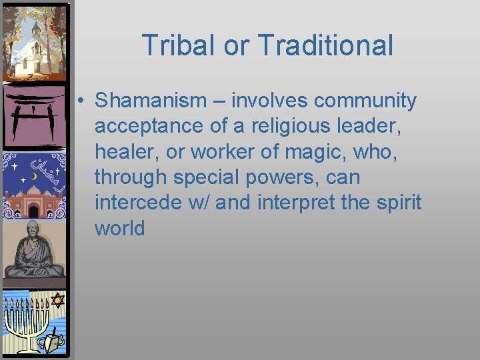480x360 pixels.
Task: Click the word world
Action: pyautogui.click(x=120, y=228)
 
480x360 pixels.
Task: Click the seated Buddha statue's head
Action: pyautogui.click(x=31, y=230)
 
